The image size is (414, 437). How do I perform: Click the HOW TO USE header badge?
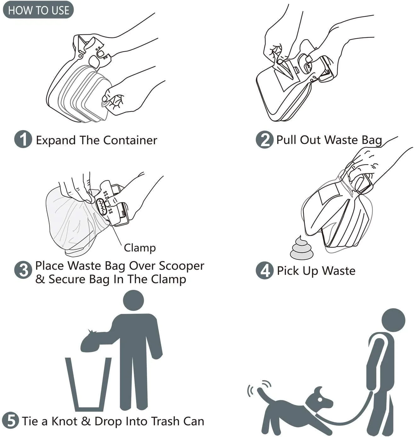point(38,10)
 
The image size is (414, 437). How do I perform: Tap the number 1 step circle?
point(23,139)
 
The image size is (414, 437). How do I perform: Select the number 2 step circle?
point(264,140)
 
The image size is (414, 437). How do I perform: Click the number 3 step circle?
point(23,270)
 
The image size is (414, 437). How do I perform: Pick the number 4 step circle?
point(264,271)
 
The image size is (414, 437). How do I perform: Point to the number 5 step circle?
point(11,420)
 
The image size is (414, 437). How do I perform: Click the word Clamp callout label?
point(140,248)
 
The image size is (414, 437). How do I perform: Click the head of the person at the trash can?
point(133,300)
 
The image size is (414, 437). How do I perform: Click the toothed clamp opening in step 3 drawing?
point(102,206)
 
